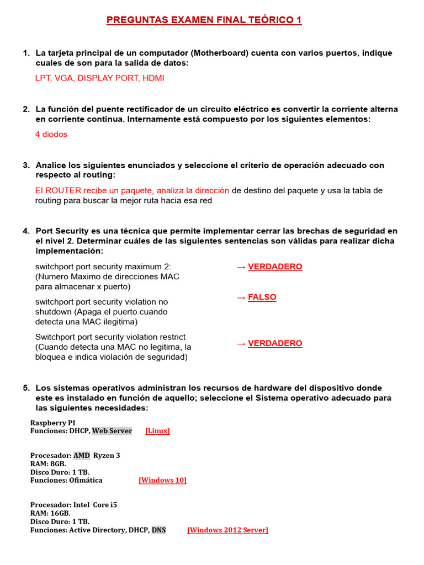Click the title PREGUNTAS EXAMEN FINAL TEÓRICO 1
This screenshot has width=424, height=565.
point(204,20)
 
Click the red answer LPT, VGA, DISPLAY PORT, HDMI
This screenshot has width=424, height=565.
point(99,78)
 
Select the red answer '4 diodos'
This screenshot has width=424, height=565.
point(51,135)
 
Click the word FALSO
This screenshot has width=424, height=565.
point(262,297)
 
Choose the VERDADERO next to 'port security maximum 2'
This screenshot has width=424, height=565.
point(275,267)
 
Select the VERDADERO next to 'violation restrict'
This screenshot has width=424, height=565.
point(275,344)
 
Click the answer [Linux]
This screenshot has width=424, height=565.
point(157,431)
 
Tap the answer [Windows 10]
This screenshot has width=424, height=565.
point(162,481)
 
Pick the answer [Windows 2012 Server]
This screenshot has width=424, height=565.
point(227,530)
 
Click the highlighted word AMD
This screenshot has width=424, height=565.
point(82,456)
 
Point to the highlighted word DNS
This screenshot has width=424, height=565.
point(158,530)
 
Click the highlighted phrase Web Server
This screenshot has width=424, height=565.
point(112,431)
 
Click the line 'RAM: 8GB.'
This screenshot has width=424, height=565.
point(48,464)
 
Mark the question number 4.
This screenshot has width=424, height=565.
point(26,231)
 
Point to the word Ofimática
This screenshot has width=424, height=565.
point(86,481)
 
